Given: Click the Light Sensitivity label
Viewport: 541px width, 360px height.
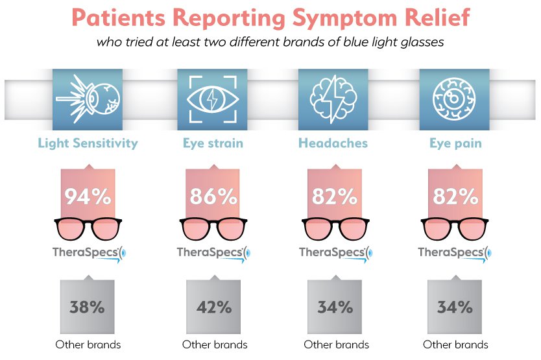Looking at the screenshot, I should coord(88,143).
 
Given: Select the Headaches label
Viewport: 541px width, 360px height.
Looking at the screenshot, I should coord(333,143).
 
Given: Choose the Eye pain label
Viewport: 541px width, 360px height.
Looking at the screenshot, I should coord(455,143).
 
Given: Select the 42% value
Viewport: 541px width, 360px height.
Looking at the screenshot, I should coord(212,307).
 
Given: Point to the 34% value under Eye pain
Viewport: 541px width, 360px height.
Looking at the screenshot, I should coord(455,307).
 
